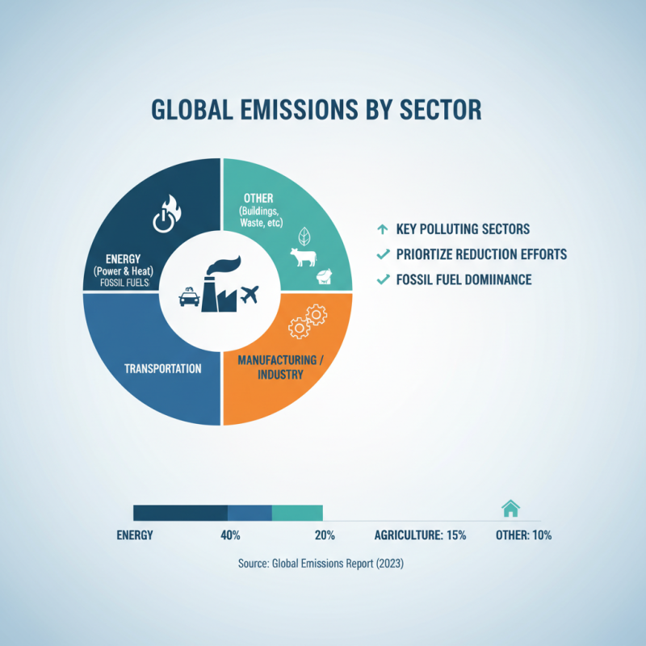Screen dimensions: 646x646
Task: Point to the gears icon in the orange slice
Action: [307, 321]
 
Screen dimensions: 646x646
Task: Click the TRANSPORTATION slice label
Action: [163, 368]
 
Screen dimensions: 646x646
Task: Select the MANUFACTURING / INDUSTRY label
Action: [280, 367]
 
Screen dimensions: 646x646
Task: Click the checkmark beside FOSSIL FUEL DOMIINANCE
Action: [383, 280]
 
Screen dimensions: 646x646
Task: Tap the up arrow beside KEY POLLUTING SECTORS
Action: [383, 229]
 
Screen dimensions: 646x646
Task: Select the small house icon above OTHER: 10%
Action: [510, 508]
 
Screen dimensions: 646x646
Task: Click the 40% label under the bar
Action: [230, 535]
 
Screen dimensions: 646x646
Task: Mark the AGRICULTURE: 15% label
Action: [420, 535]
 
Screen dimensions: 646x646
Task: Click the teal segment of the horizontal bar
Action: [297, 513]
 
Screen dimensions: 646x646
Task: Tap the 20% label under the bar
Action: [325, 535]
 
